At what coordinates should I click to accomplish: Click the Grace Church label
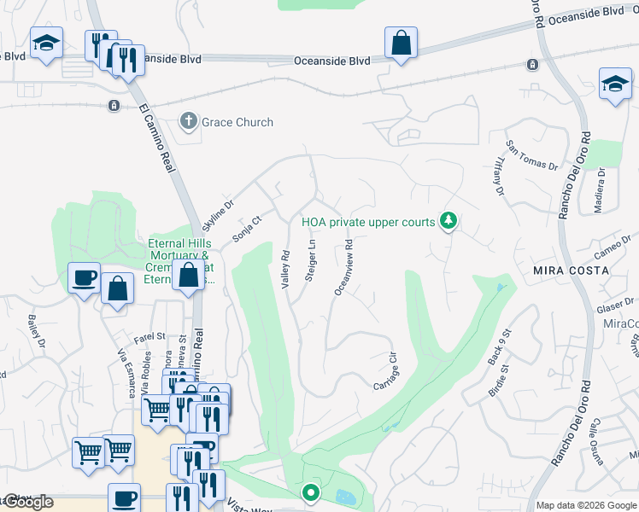click(x=237, y=122)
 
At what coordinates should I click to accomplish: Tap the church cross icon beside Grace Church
click(x=189, y=121)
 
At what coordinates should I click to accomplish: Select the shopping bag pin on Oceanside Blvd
click(x=401, y=43)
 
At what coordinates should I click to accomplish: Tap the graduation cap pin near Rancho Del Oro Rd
click(x=615, y=84)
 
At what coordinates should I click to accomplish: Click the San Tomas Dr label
click(x=531, y=156)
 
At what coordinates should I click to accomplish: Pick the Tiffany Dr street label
click(x=497, y=177)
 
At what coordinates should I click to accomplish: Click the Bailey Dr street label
click(x=35, y=329)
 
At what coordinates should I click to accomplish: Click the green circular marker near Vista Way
click(x=311, y=492)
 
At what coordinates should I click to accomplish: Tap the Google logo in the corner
click(x=27, y=502)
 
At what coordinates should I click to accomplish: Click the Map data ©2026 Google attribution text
click(x=585, y=505)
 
